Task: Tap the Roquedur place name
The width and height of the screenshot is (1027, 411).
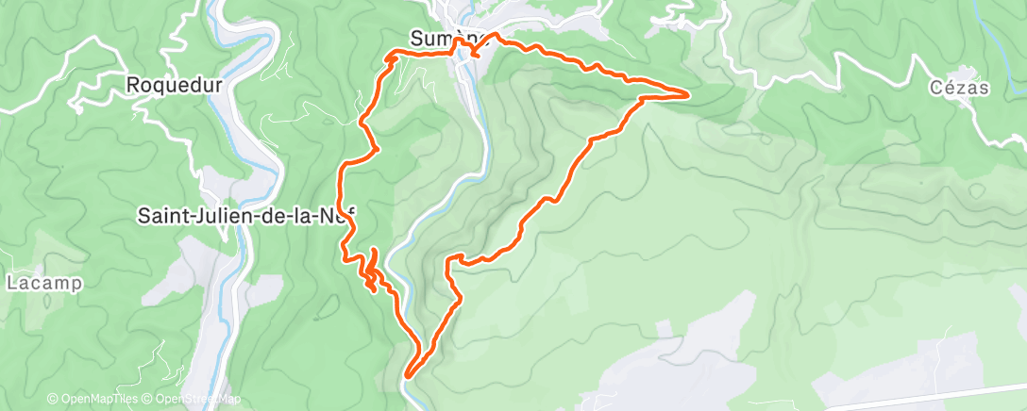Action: point(174,85)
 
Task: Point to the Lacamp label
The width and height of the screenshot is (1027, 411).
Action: point(44,282)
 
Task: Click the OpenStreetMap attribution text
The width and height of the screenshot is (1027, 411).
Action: point(195,399)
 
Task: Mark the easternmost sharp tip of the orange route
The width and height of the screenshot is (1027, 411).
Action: point(687,93)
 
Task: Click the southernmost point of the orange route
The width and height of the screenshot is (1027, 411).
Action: point(407,375)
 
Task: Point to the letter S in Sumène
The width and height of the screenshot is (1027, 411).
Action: point(416,38)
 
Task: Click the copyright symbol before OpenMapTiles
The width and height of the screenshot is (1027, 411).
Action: point(53,399)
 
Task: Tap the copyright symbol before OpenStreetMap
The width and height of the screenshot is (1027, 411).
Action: point(150,399)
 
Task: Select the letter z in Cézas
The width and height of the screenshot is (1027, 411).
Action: point(963,89)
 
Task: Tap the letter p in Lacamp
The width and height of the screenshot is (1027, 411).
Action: point(76,284)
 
